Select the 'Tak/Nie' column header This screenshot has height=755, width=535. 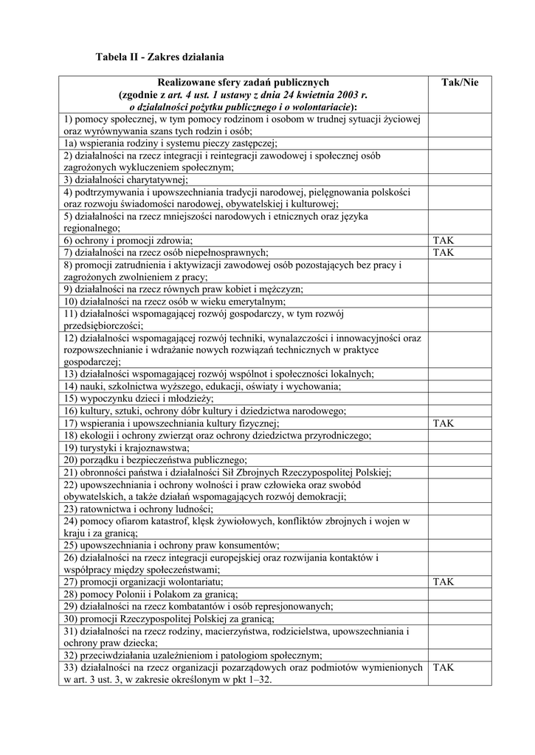[459, 83]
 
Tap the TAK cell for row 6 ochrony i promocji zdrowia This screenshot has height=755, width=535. [443, 240]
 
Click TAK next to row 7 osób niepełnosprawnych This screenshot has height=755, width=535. [443, 252]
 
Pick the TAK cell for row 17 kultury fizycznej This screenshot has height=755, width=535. [443, 423]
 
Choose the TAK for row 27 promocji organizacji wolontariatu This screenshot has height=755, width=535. [443, 582]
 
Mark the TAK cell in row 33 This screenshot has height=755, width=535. [443, 668]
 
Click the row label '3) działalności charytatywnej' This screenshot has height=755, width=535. [125, 179]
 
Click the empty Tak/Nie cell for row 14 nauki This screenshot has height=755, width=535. [459, 386]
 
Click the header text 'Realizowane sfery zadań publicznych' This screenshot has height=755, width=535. [243, 83]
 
